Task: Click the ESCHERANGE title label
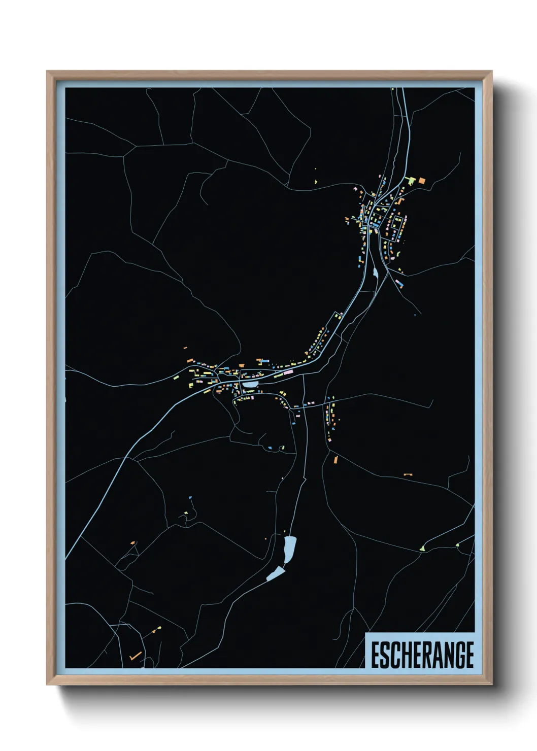[422, 655]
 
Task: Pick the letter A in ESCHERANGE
[433, 655]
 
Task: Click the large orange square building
[421, 180]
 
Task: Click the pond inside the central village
[250, 385]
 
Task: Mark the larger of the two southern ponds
[289, 550]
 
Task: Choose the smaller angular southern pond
[276, 574]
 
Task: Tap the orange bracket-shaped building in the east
[408, 474]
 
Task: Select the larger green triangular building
[422, 548]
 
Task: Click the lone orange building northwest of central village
[185, 348]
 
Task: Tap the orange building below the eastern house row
[335, 460]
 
